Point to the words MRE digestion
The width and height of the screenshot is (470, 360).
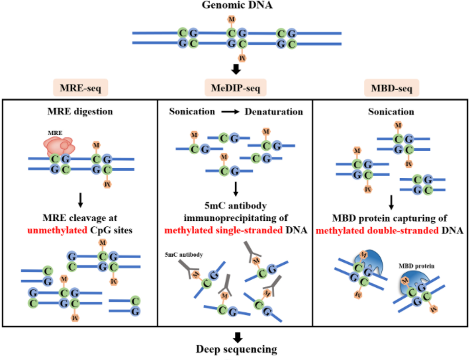[79, 112]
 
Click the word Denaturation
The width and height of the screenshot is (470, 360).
[274, 112]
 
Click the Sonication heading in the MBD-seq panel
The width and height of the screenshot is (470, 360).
[391, 112]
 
